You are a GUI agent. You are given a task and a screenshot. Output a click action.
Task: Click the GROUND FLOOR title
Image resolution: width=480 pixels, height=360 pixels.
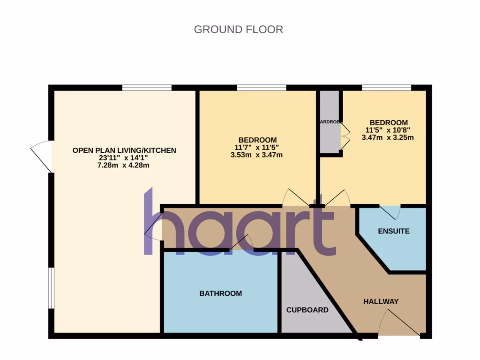click(238, 30)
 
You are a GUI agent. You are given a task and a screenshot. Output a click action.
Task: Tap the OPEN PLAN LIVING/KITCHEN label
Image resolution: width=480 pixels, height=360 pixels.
click(124, 150)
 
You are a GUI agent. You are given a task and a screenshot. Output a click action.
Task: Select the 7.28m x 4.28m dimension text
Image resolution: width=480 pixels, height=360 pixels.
click(124, 165)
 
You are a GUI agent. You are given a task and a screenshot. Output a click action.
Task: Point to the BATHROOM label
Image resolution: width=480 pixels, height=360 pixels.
click(221, 293)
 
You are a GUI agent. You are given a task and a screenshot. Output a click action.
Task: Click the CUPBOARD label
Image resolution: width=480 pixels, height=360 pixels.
click(307, 310)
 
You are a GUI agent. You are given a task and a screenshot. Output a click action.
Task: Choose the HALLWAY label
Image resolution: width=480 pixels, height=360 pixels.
click(381, 301)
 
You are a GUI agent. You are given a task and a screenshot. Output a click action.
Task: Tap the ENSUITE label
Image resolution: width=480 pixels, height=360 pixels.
click(394, 231)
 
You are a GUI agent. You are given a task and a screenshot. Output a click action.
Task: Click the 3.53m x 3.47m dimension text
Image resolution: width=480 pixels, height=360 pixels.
click(257, 155)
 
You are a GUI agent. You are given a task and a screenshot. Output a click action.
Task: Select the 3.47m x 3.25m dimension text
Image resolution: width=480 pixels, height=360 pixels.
click(388, 137)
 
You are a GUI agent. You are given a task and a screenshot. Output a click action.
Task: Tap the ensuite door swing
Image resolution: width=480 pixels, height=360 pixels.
click(390, 212)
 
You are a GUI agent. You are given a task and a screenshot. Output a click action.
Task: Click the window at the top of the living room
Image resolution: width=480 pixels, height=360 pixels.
click(147, 87)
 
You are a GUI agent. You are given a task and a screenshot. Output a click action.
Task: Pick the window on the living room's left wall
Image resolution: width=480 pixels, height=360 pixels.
click(51, 288)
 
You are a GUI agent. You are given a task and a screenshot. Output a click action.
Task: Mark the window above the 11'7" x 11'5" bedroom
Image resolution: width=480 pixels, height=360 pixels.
click(261, 87)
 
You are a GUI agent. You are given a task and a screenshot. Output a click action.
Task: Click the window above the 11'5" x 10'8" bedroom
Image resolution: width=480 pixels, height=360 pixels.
click(386, 87)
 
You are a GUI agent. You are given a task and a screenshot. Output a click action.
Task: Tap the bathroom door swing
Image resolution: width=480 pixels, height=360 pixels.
click(240, 243)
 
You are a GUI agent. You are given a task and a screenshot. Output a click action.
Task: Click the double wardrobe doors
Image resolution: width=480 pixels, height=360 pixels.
click(345, 136)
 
